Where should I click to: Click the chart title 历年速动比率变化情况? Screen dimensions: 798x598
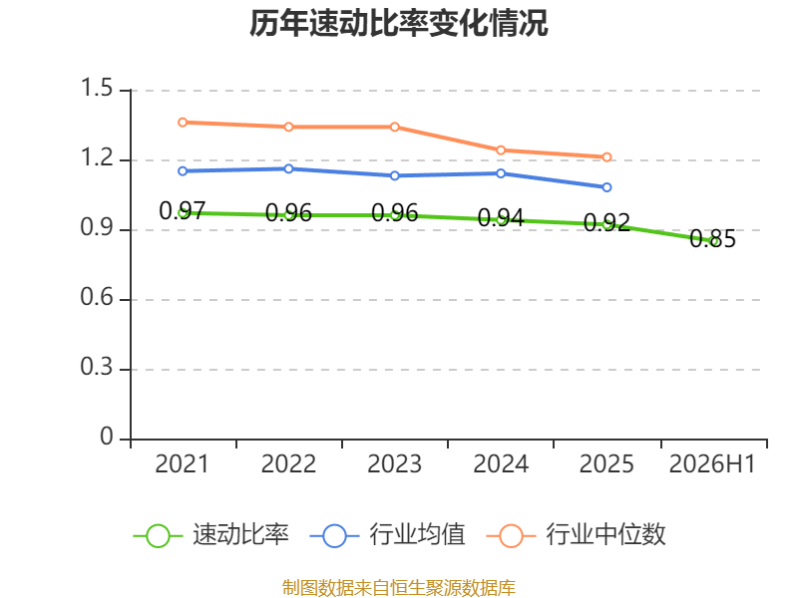point(398,23)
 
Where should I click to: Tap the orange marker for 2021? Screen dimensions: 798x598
point(183,122)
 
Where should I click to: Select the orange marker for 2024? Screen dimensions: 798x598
point(501,150)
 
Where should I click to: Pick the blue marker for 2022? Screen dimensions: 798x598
point(288,168)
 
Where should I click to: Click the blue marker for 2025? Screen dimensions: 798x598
point(606,187)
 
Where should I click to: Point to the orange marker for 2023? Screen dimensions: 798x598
point(395,127)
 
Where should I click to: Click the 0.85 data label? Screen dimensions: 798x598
point(712,238)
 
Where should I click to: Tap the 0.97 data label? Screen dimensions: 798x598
point(183,210)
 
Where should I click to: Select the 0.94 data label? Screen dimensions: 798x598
point(501,217)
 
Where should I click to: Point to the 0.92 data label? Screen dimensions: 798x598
point(606,222)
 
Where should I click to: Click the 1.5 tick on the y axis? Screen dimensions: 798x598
point(97,88)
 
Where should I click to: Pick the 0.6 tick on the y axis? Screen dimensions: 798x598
point(97,297)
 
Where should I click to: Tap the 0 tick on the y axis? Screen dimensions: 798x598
point(107,437)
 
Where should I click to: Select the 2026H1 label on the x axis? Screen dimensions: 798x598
point(712,463)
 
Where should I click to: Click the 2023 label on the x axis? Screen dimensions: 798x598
point(394,463)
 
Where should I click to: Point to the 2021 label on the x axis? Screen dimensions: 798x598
point(182,463)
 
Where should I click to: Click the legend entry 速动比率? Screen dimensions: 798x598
point(210,535)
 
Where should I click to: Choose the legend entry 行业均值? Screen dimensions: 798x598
point(387,535)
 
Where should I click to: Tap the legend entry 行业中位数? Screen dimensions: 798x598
point(577,535)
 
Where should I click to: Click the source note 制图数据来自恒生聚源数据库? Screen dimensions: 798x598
point(399,588)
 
